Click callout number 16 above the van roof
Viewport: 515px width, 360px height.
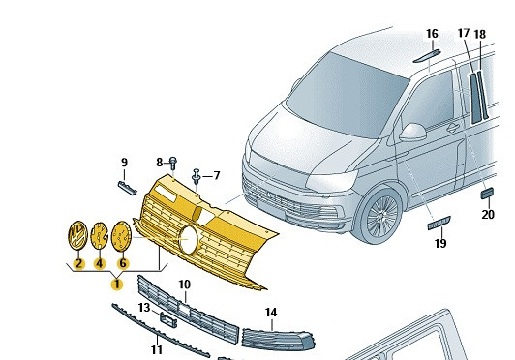tap(432, 34)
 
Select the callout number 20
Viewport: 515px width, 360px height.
tap(488, 215)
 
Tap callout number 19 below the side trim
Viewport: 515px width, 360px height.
tap(440, 244)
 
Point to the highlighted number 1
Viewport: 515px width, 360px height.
tap(117, 285)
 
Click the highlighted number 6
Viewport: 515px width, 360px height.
tap(123, 263)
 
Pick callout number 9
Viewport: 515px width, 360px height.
tap(124, 163)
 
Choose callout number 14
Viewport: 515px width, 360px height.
tap(271, 313)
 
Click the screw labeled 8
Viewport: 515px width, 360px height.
tap(173, 163)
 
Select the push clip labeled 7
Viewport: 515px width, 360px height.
tap(197, 176)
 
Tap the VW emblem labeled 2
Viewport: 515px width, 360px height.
tap(77, 235)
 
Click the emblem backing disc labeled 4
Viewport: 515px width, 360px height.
tap(99, 235)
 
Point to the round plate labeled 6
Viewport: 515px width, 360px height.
tap(122, 236)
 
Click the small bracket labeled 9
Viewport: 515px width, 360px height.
tap(128, 188)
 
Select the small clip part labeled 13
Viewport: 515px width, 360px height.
tap(168, 319)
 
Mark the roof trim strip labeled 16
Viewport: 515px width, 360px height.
tap(426, 56)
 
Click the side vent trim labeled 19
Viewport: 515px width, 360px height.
tap(439, 223)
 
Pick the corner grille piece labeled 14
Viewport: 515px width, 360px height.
tap(278, 340)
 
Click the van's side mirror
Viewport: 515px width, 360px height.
tap(413, 132)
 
